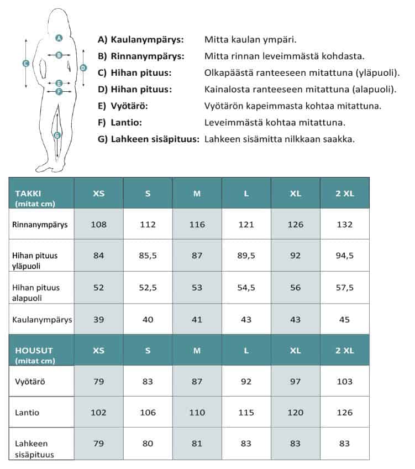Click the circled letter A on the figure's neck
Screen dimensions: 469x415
click(x=59, y=38)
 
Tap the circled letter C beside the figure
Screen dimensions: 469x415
click(x=25, y=64)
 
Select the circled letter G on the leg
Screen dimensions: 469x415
click(x=57, y=135)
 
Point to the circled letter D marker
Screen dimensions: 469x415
click(x=83, y=68)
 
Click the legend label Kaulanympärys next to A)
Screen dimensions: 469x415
click(x=147, y=40)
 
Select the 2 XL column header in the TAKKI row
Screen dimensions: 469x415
click(x=344, y=193)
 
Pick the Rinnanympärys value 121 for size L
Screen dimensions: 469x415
click(x=246, y=225)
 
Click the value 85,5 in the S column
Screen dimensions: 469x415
click(x=148, y=256)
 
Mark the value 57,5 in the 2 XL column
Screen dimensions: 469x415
click(x=344, y=288)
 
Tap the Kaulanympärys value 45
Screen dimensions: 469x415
click(x=344, y=320)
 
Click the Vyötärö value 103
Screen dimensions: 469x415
click(x=344, y=382)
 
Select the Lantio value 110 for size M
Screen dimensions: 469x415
click(x=197, y=413)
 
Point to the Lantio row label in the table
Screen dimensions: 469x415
click(x=28, y=413)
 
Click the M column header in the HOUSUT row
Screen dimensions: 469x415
click(x=197, y=351)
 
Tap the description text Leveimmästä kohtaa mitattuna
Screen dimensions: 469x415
click(x=275, y=122)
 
